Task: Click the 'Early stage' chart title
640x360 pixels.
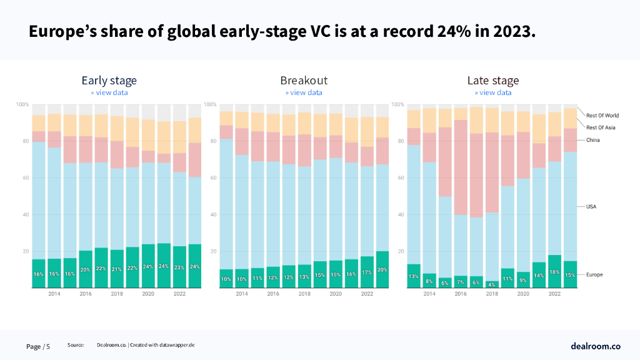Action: pos(109,81)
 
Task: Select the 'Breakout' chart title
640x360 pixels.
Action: pos(304,81)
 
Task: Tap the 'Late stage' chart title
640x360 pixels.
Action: pos(493,81)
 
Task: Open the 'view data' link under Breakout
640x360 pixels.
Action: pos(304,92)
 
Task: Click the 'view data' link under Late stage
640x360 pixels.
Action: pos(493,92)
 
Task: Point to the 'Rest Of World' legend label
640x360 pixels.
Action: pos(602,116)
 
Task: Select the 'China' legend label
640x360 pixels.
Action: pos(593,140)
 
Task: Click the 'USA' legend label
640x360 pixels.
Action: pos(591,206)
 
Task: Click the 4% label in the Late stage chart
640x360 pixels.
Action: pos(492,284)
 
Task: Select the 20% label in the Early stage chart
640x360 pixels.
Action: pos(85,270)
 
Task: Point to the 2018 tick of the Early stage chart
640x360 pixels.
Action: pos(117,294)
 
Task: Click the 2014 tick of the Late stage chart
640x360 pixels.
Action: pos(429,294)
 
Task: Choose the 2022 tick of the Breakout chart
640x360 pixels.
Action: pos(367,294)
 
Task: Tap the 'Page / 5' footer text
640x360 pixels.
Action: pos(38,346)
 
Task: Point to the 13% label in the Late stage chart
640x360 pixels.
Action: pos(414,276)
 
